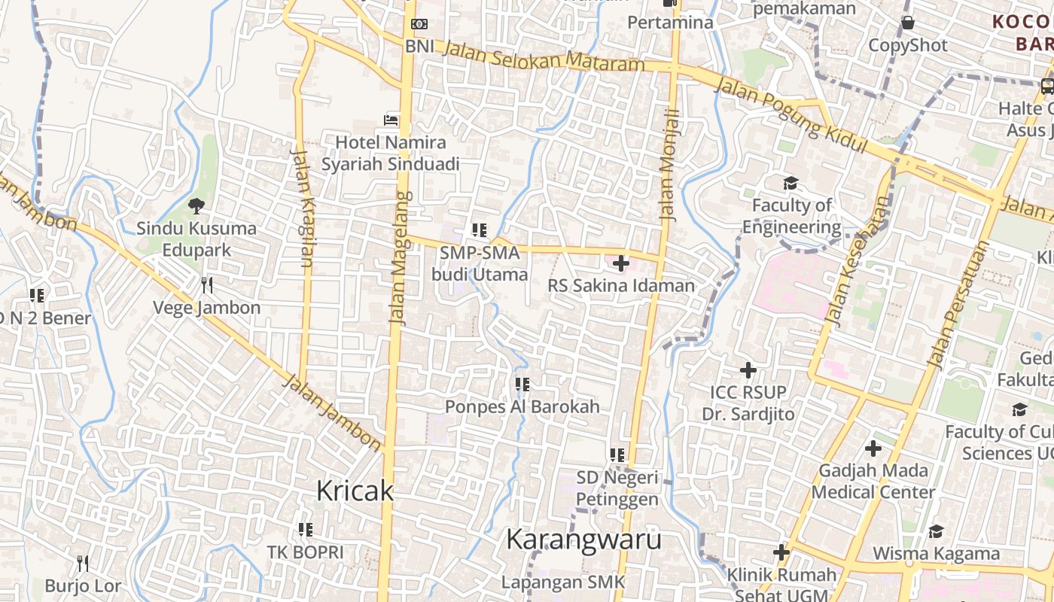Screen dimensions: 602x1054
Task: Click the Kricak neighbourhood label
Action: pyautogui.click(x=355, y=491)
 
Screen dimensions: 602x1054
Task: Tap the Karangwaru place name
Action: pyautogui.click(x=583, y=539)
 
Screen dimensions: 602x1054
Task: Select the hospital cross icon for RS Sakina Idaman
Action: pyautogui.click(x=621, y=263)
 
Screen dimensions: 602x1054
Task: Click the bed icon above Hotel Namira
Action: pyautogui.click(x=391, y=120)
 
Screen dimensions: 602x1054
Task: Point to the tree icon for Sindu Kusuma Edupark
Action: pyautogui.click(x=196, y=205)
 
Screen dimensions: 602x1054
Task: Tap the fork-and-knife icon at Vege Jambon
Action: pyautogui.click(x=207, y=284)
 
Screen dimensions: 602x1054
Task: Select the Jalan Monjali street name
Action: pyautogui.click(x=669, y=164)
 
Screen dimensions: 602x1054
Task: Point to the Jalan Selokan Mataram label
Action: pyautogui.click(x=544, y=56)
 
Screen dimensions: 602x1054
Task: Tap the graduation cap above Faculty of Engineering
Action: pyautogui.click(x=790, y=183)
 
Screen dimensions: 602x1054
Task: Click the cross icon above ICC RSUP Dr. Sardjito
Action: pyautogui.click(x=748, y=370)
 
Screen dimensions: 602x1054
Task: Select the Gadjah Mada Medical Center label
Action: pyautogui.click(x=873, y=482)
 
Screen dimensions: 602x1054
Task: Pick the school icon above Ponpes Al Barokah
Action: pyautogui.click(x=522, y=385)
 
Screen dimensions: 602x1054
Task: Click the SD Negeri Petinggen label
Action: pyautogui.click(x=617, y=488)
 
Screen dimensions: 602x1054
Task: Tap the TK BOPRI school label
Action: pyautogui.click(x=305, y=552)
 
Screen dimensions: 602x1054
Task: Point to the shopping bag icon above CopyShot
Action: pyautogui.click(x=908, y=22)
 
